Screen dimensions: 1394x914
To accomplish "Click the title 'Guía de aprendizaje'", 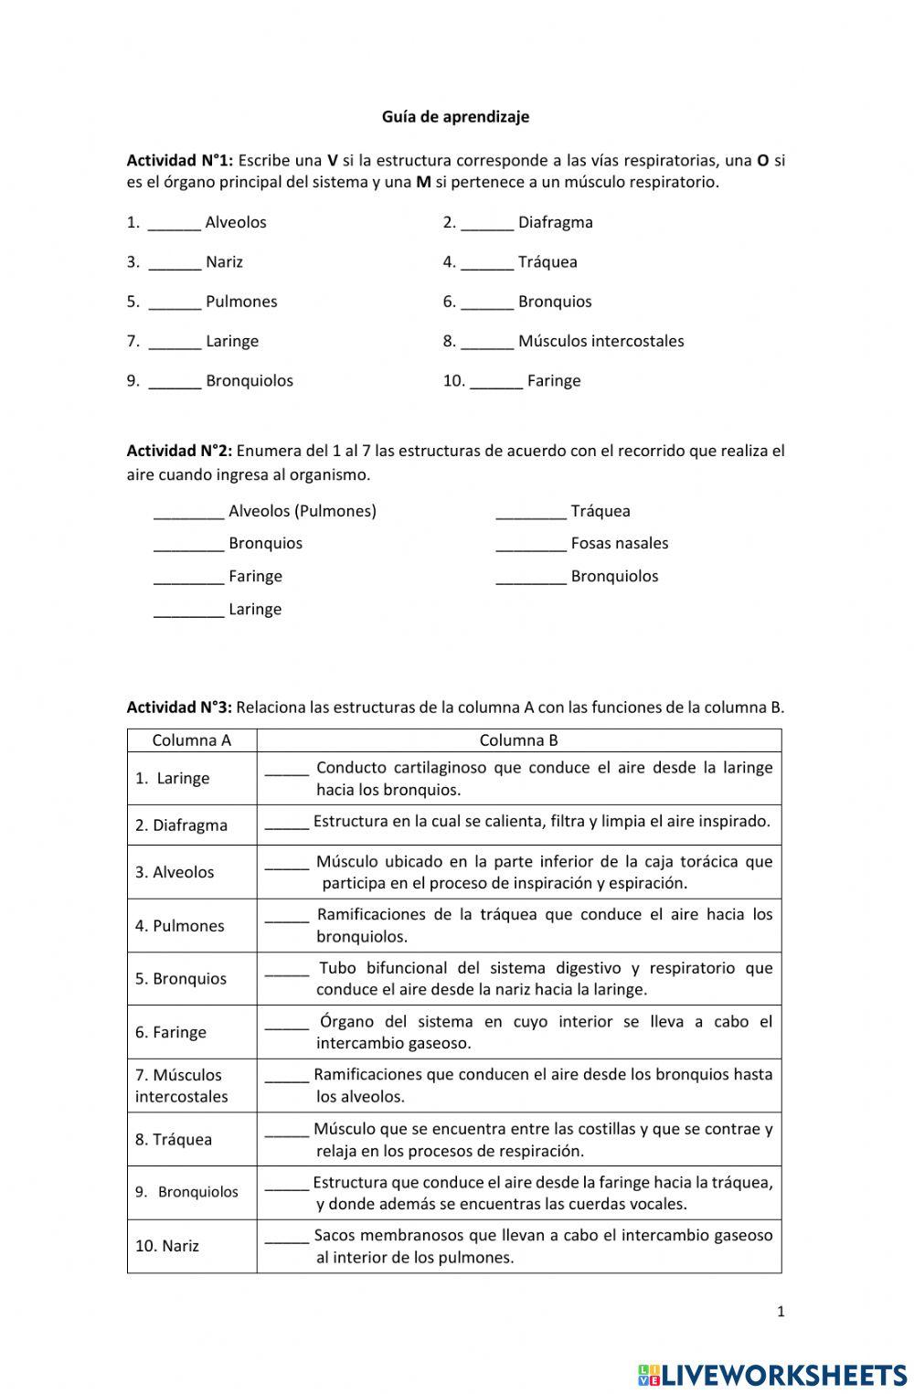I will [455, 117].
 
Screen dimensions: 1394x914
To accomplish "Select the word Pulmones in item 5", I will [241, 302].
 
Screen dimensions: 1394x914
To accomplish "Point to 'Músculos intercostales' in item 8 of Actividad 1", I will [600, 341].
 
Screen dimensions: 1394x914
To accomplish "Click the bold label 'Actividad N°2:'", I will [179, 451].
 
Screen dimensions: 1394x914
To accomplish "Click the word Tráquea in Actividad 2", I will [600, 511].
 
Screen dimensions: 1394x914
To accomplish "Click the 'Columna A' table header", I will [192, 740].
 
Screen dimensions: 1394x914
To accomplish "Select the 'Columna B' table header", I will [518, 740].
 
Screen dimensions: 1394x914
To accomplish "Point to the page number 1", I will [781, 1312].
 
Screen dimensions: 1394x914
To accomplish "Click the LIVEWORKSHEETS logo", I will [772, 1375].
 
